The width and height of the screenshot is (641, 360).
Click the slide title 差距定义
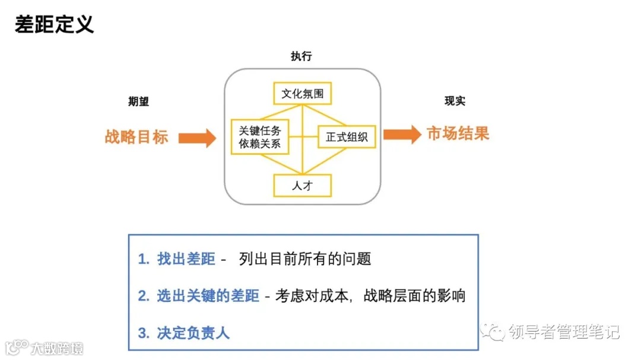(54, 25)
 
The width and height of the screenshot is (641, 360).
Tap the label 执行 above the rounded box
(301, 56)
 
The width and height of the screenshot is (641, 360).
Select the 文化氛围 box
(302, 94)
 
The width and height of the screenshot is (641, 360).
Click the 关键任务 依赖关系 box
(259, 137)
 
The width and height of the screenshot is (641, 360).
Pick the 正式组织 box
(347, 137)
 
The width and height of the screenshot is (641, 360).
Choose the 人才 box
(302, 185)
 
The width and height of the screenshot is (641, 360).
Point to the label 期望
(138, 101)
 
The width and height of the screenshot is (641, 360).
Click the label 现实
(455, 101)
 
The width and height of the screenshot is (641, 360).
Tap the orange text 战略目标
(137, 137)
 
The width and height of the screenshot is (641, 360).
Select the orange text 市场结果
(458, 133)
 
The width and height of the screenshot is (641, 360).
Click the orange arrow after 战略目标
(197, 138)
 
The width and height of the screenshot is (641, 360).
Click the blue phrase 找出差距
(186, 259)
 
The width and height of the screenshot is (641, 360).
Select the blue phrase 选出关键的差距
(208, 295)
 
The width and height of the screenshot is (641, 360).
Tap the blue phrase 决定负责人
(193, 332)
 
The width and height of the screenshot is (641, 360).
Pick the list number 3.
(142, 333)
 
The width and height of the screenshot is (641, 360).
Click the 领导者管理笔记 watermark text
(563, 332)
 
